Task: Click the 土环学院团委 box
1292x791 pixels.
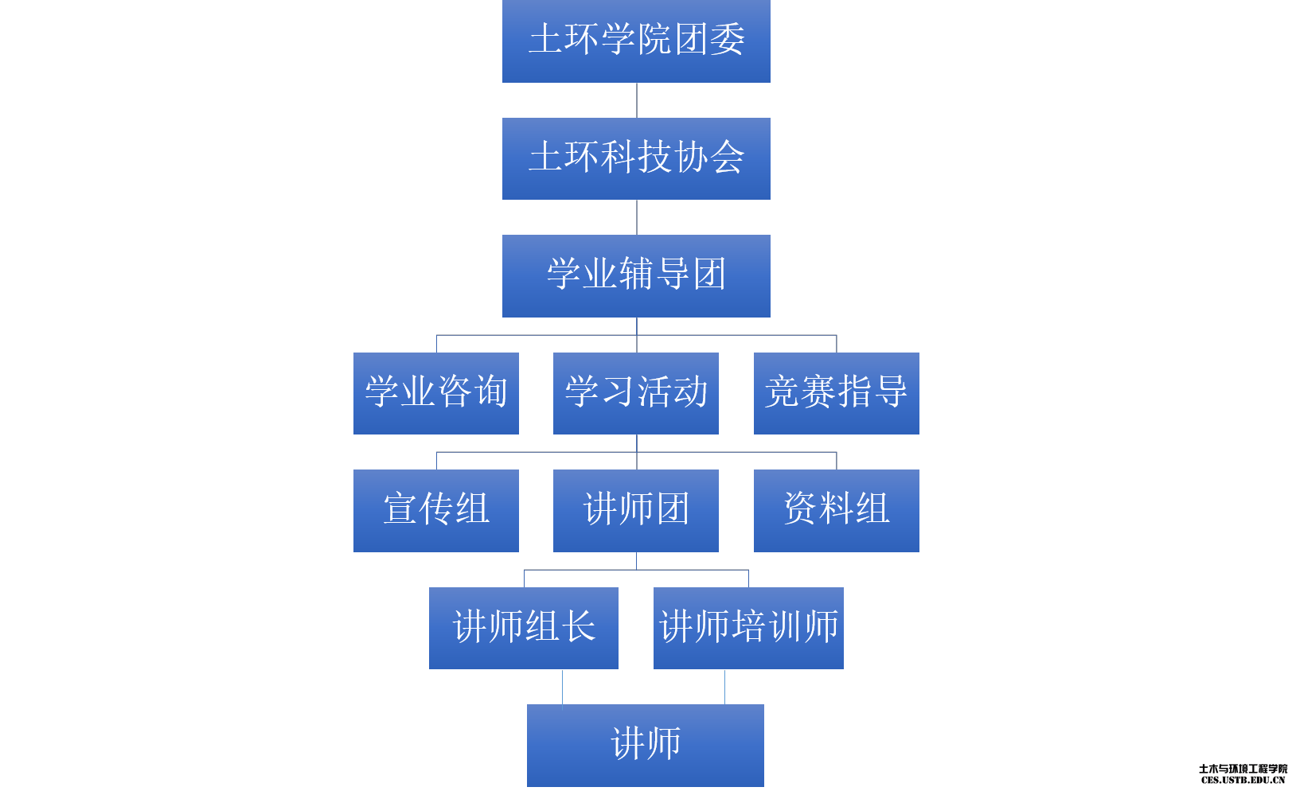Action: click(636, 41)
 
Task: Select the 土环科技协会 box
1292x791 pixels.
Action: click(636, 158)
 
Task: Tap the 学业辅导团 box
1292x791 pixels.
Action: click(636, 275)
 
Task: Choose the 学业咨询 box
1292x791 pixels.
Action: click(435, 393)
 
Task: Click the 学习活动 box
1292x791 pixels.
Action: click(636, 393)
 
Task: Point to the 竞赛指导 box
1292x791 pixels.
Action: click(836, 393)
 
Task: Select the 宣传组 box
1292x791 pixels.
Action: click(435, 510)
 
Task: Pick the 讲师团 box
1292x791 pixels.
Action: click(636, 510)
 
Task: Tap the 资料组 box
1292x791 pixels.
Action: click(836, 510)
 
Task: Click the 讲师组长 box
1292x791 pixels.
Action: click(523, 628)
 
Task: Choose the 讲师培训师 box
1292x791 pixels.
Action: click(748, 628)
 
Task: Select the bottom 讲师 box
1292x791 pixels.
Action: click(645, 745)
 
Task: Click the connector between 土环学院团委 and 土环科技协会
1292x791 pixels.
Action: click(637, 100)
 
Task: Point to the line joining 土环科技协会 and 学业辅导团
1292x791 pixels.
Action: click(637, 217)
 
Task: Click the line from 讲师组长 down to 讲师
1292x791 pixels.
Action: click(563, 687)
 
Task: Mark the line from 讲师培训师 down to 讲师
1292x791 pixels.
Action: click(724, 687)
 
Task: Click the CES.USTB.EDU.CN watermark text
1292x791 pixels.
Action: click(1243, 781)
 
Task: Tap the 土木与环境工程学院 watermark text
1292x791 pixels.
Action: click(1243, 769)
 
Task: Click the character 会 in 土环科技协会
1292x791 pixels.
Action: click(728, 157)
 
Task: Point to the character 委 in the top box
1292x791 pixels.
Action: click(728, 40)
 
